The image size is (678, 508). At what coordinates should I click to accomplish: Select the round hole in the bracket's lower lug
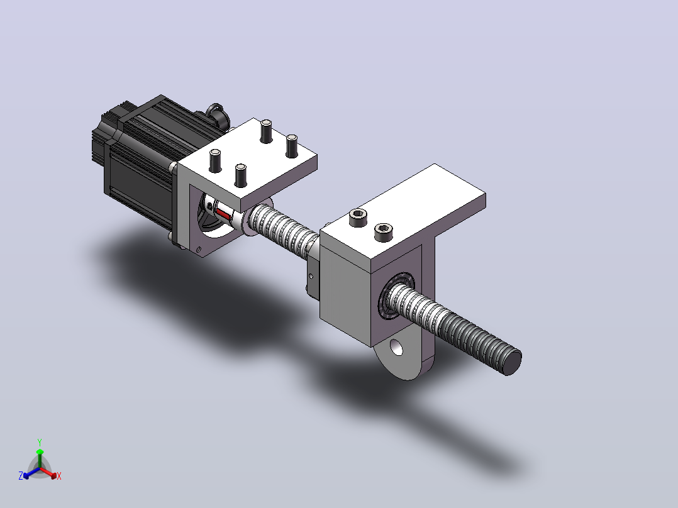396,347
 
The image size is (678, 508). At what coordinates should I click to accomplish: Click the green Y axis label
40,442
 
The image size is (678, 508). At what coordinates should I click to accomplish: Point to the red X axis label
59,476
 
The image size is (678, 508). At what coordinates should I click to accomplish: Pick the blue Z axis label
21,475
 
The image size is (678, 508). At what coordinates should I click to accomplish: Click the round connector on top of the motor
216,114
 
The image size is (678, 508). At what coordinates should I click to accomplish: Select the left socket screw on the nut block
358,218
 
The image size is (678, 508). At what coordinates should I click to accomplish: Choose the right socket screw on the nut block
383,233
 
